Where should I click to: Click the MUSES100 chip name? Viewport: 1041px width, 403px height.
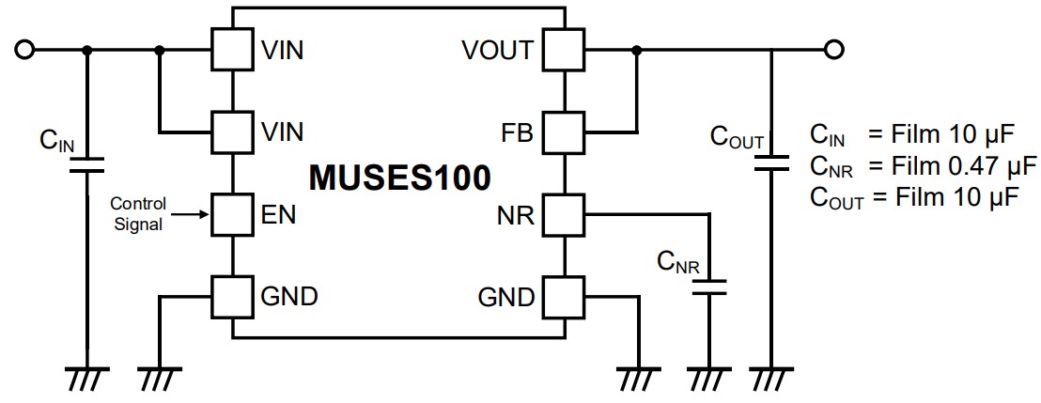399,177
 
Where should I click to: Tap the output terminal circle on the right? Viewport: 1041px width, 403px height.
831,49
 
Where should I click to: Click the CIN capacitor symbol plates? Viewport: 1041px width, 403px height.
87,165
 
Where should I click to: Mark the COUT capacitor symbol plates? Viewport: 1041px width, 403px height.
772,165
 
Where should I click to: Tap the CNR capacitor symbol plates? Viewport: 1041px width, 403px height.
709,286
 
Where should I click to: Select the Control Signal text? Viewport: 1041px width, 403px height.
138,213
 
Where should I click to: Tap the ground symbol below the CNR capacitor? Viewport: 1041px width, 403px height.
709,378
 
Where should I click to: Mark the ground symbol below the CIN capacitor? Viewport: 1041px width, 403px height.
87,378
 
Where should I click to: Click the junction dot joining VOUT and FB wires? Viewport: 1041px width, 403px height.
638,49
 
